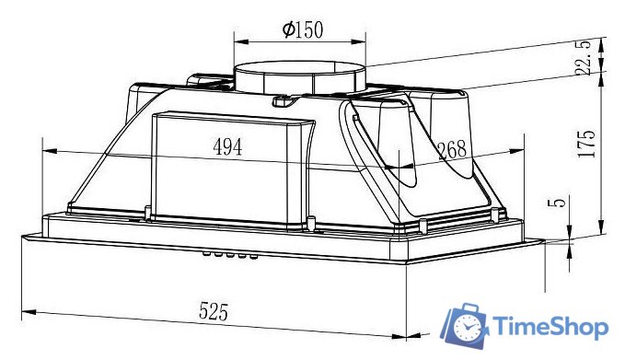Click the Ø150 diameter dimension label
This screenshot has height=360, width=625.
[x=303, y=30]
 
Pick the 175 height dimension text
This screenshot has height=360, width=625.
[x=587, y=144]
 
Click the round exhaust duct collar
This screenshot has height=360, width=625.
[x=300, y=77]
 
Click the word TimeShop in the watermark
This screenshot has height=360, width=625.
[x=550, y=327]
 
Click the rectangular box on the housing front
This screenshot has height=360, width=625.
[x=230, y=170]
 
